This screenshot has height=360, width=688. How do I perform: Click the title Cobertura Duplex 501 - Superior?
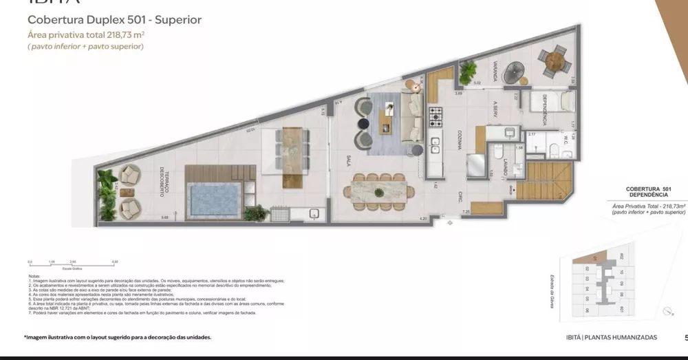tap(114, 20)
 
